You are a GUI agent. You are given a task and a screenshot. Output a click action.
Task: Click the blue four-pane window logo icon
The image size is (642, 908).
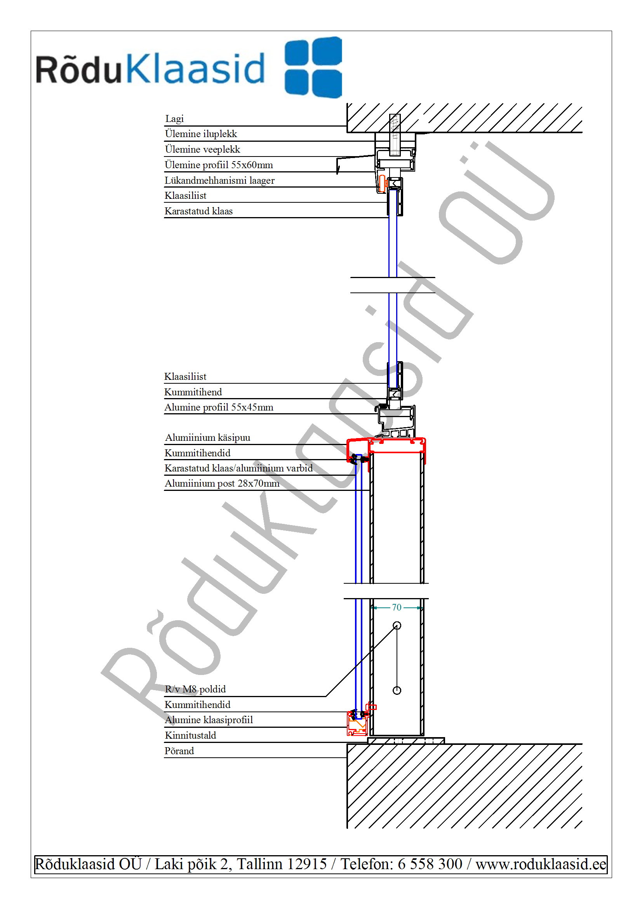pyautogui.click(x=313, y=67)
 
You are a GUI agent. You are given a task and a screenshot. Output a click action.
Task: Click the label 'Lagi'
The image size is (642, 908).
pyautogui.click(x=174, y=118)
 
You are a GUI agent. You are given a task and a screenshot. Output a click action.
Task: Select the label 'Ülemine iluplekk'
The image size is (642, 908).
pyautogui.click(x=201, y=134)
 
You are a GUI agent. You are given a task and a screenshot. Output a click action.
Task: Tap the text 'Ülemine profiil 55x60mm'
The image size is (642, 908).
pyautogui.click(x=219, y=165)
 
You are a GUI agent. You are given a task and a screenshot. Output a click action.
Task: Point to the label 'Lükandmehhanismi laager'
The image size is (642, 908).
pyautogui.click(x=219, y=180)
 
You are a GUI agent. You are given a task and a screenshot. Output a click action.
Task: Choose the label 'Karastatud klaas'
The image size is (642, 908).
pyautogui.click(x=198, y=211)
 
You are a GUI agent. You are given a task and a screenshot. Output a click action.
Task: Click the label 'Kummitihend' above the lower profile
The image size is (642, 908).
pyautogui.click(x=193, y=392)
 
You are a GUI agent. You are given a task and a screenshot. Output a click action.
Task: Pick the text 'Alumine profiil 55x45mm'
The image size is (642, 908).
pyautogui.click(x=219, y=407)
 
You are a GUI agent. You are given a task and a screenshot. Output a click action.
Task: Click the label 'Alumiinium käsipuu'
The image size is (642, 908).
pyautogui.click(x=208, y=438)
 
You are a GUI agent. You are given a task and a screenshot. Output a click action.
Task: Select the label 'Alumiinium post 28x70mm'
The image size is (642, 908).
pyautogui.click(x=222, y=483)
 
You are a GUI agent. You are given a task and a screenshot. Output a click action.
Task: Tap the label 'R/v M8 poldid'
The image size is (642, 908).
pyautogui.click(x=195, y=689)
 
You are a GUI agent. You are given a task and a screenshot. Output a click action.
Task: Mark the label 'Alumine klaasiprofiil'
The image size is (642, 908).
pyautogui.click(x=209, y=720)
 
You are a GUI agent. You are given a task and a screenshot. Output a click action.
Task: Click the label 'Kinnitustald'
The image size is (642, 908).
pyautogui.click(x=190, y=735)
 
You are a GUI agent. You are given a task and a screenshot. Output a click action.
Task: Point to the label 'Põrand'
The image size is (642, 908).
pyautogui.click(x=179, y=751)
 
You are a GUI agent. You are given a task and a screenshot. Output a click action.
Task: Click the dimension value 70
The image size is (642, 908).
pyautogui.click(x=397, y=607)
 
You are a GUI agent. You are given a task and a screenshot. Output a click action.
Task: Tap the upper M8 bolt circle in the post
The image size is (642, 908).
pyautogui.click(x=397, y=626)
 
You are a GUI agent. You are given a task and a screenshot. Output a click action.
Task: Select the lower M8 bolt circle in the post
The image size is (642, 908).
pyautogui.click(x=397, y=691)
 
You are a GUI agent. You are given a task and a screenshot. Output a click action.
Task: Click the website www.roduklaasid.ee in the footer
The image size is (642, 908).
pyautogui.click(x=541, y=864)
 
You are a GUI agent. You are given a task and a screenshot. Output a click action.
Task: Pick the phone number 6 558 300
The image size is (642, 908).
pyautogui.click(x=430, y=864)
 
